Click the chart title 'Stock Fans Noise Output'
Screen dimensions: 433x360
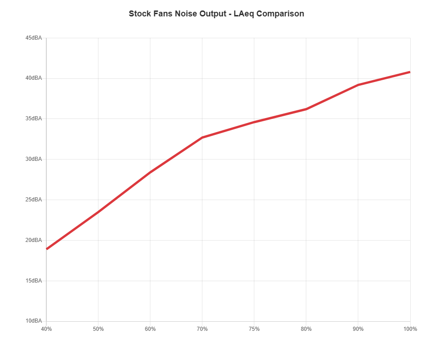click(178, 14)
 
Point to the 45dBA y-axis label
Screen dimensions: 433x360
click(34, 38)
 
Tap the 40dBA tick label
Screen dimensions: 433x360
click(34, 78)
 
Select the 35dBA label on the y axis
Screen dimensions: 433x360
click(34, 118)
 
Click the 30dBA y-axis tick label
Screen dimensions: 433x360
click(34, 159)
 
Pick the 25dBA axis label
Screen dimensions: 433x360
click(34, 200)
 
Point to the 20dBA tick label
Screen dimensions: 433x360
click(34, 240)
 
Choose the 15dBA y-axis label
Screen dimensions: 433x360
click(34, 281)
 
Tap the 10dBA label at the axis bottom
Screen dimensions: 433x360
click(34, 321)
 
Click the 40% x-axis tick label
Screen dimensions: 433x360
click(46, 329)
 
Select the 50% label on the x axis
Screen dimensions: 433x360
click(98, 329)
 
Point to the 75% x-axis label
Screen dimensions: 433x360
click(254, 329)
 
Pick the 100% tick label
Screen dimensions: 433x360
click(410, 329)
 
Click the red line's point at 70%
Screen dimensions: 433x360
click(202, 138)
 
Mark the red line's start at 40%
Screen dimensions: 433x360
click(46, 249)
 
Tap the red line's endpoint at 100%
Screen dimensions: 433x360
click(410, 72)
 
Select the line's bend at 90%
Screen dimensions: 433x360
click(358, 85)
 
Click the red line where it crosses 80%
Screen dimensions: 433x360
click(306, 109)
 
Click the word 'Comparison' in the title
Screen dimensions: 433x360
click(280, 14)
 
